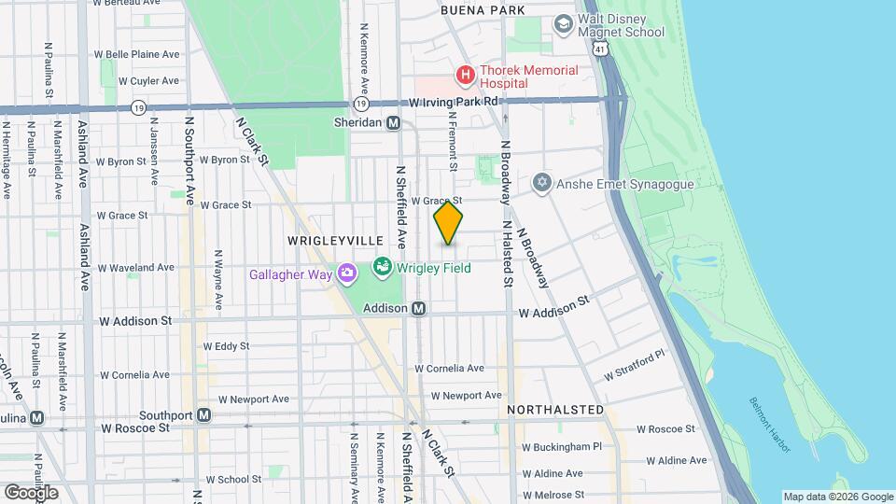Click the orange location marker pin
449,222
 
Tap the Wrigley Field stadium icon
382,269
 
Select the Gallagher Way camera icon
346,273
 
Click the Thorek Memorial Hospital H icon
464,74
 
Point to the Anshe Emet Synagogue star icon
542,183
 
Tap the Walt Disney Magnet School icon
563,22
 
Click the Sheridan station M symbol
394,122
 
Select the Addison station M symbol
419,307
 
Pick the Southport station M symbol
203,414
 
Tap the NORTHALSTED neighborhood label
555,410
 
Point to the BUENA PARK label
482,10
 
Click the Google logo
31,492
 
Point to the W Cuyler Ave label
148,81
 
